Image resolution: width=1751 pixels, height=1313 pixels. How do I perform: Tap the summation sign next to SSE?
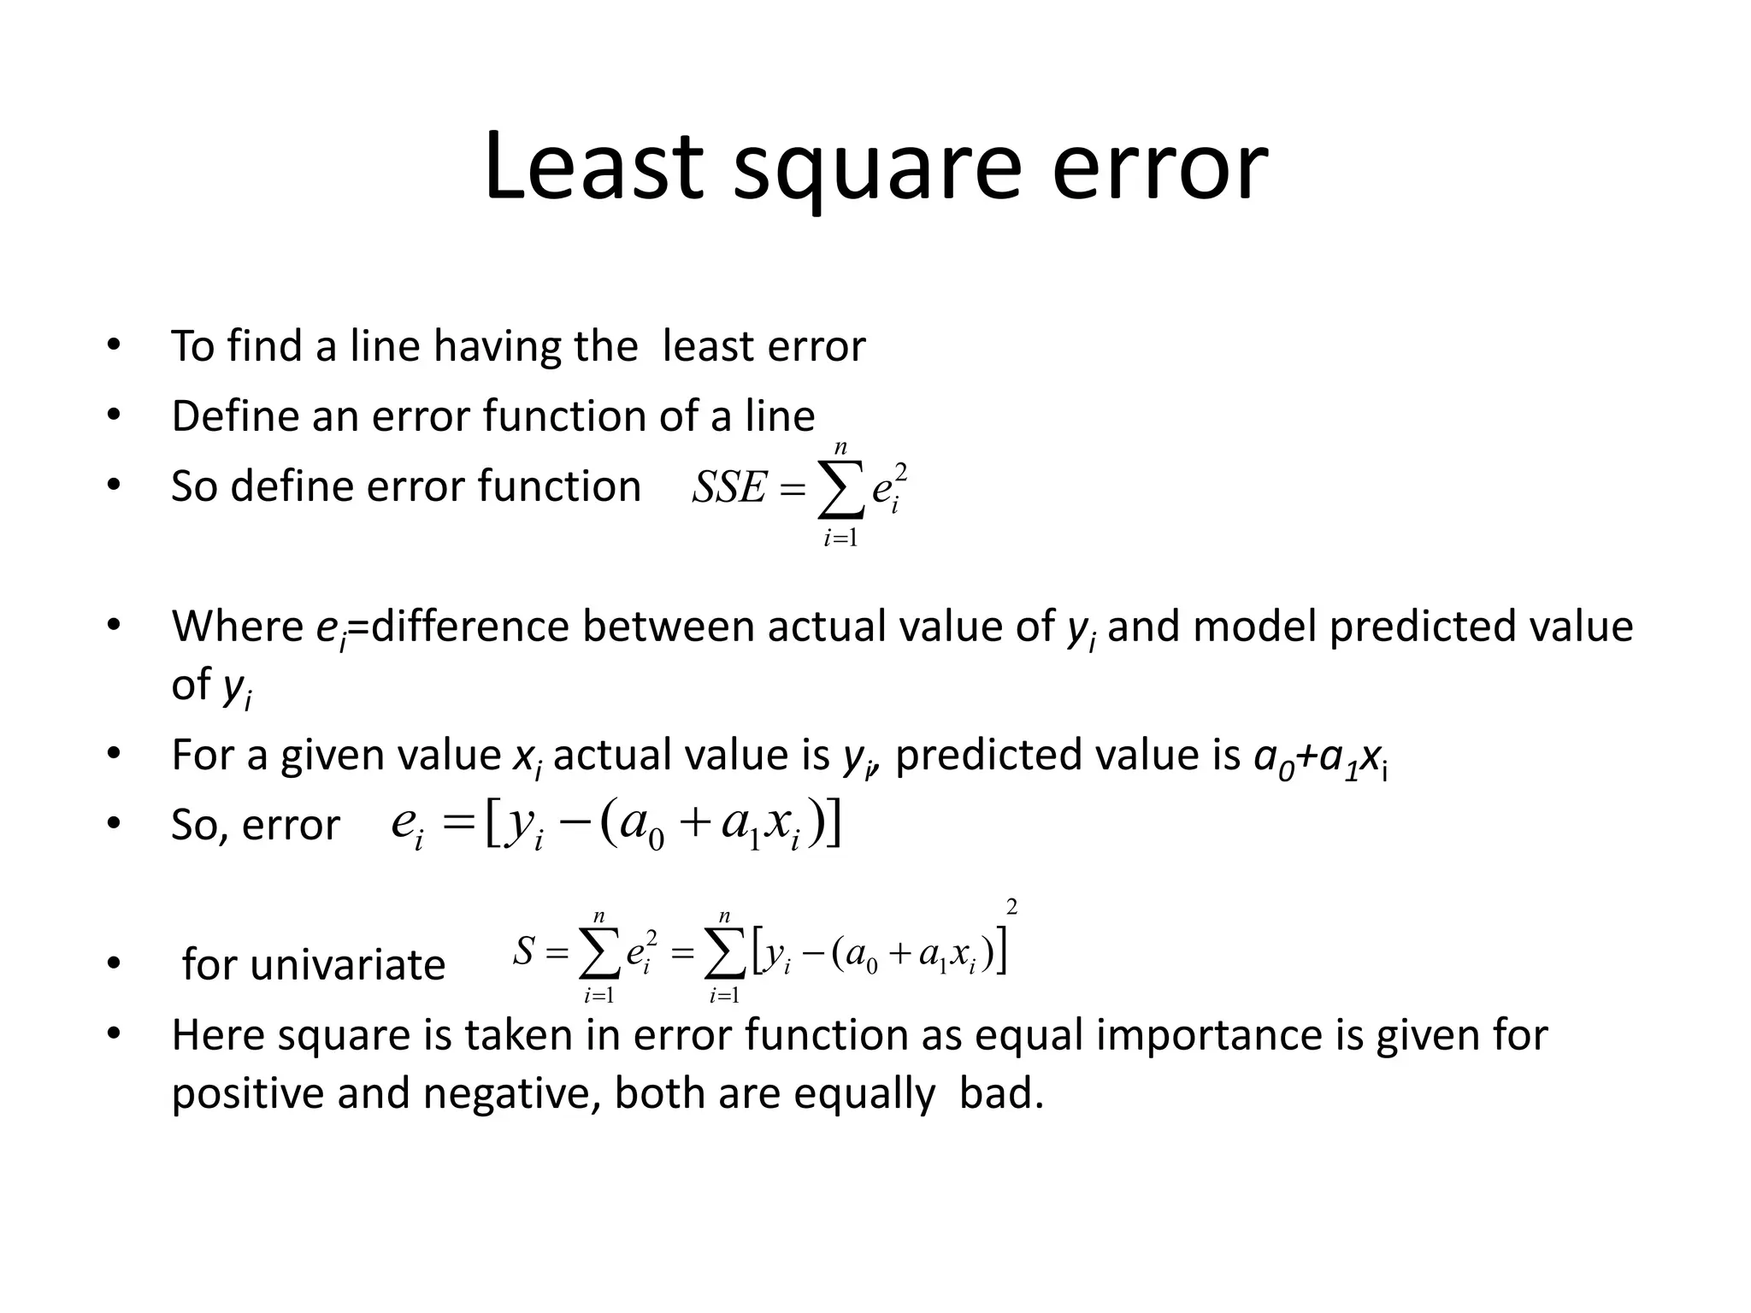pyautogui.click(x=840, y=492)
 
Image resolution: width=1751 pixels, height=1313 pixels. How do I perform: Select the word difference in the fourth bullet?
pyautogui.click(x=469, y=626)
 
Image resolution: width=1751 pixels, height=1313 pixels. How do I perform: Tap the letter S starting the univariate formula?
pyautogui.click(x=524, y=951)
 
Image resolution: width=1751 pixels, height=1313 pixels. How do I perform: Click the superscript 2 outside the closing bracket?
pyautogui.click(x=1011, y=906)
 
